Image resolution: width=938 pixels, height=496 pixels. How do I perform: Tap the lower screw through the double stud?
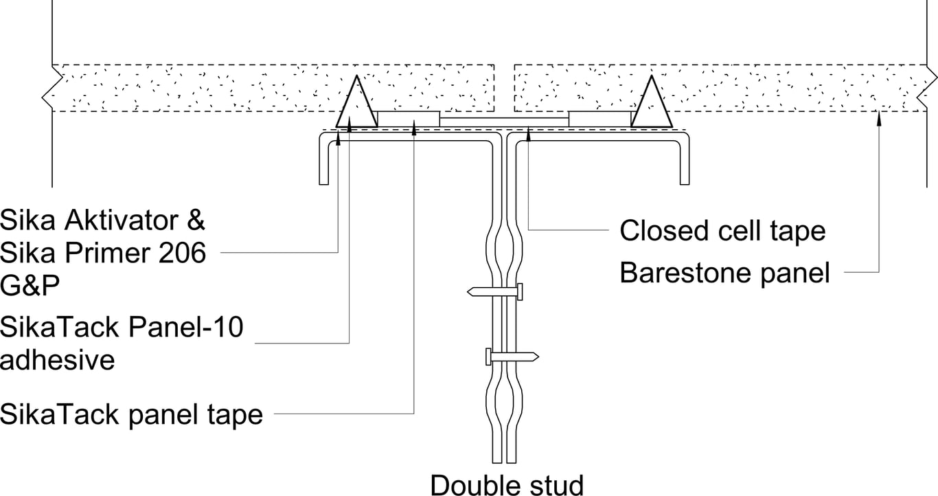[512, 357]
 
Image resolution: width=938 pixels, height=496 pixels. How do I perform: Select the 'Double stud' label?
[507, 484]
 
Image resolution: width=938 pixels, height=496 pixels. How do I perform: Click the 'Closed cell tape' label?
[722, 231]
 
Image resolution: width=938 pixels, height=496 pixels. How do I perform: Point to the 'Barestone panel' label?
[724, 273]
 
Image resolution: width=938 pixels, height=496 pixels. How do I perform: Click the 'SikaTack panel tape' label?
[131, 414]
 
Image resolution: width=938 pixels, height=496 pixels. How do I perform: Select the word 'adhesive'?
[58, 359]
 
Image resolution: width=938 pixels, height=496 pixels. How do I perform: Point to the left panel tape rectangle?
[409, 119]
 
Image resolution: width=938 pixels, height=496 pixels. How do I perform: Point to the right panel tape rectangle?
[599, 119]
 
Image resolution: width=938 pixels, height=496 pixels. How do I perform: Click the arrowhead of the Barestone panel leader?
[879, 117]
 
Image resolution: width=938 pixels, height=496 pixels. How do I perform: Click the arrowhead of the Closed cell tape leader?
[527, 134]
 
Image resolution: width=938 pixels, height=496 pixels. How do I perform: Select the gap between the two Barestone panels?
[504, 88]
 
